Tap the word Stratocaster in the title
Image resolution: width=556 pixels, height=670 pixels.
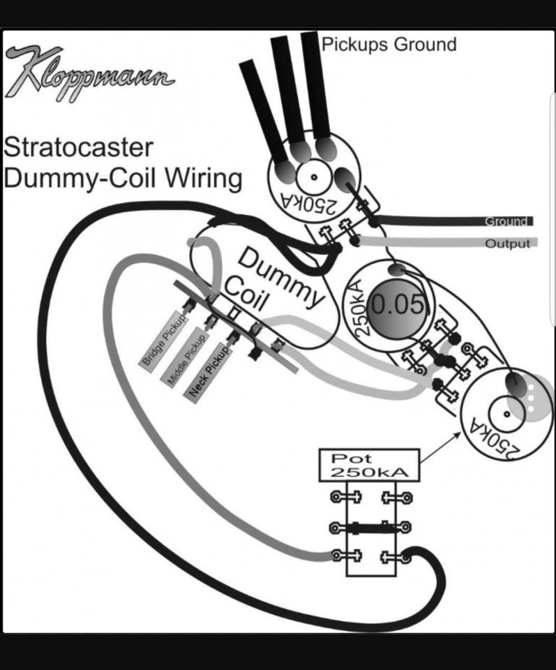point(78,148)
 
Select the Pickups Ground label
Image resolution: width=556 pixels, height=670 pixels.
point(389,45)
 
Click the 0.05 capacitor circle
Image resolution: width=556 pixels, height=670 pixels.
point(397,304)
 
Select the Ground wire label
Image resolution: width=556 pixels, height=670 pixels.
point(506,221)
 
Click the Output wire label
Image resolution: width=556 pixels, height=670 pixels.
point(508,244)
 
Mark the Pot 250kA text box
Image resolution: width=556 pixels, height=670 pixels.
point(368,466)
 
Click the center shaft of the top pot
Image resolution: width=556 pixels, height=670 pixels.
point(315,177)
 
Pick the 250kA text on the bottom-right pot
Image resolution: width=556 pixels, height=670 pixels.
point(493,438)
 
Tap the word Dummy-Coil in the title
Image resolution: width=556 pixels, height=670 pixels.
point(82,178)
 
